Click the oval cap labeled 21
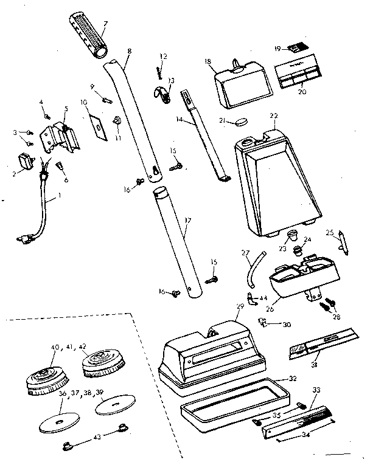pyautogui.click(x=242, y=121)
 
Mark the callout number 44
pyautogui.click(x=264, y=298)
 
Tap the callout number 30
pyautogui.click(x=287, y=324)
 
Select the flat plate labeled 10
pyautogui.click(x=97, y=125)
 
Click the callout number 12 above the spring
pyautogui.click(x=162, y=57)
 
